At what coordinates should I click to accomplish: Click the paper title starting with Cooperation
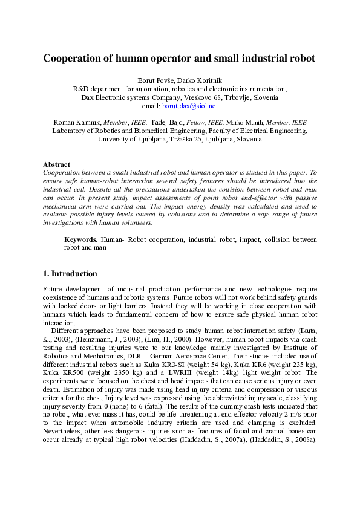tap(180, 59)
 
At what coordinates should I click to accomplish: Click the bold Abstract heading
tap(56, 164)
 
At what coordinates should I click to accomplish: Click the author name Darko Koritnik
tap(201, 80)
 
